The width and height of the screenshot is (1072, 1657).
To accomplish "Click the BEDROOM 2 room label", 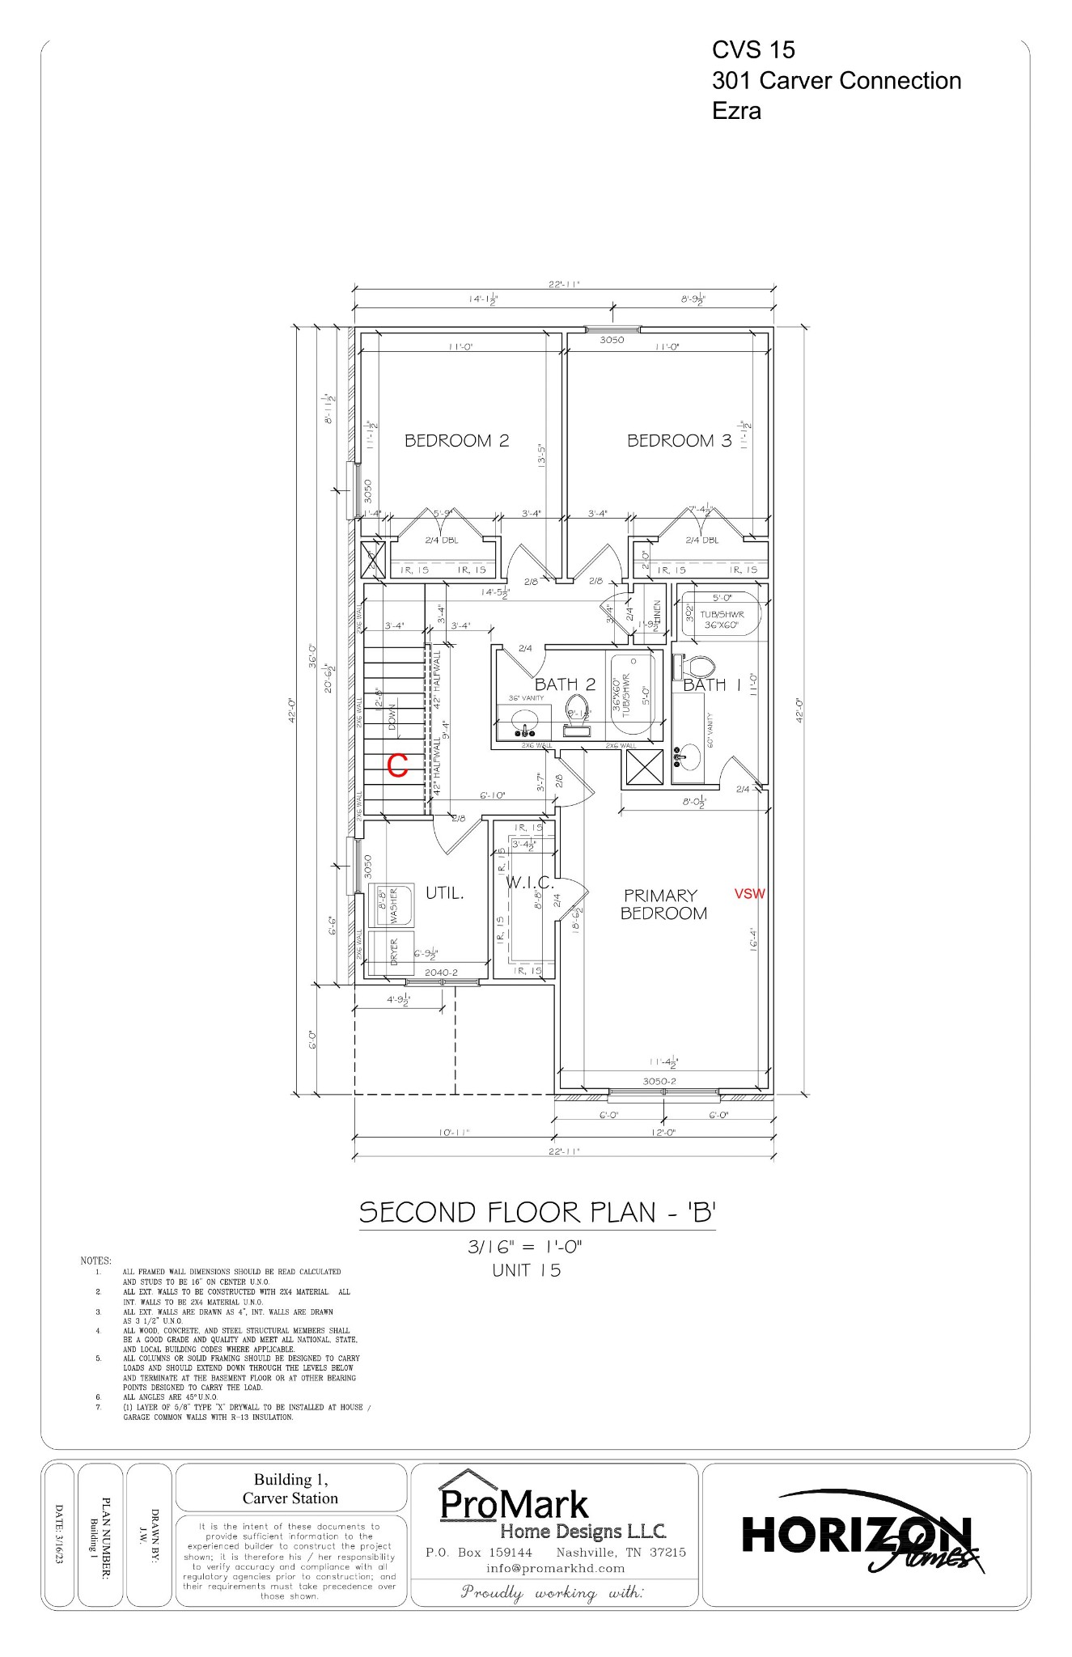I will pyautogui.click(x=456, y=441).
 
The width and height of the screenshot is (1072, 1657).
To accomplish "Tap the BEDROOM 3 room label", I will pyautogui.click(x=679, y=441).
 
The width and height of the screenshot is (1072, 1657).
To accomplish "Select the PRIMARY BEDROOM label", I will pyautogui.click(x=663, y=905).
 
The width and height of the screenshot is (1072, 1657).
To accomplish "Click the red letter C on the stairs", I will pyautogui.click(x=397, y=766).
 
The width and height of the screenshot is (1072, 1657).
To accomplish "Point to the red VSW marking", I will pyautogui.click(x=749, y=894).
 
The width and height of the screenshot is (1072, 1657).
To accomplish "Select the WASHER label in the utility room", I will pyautogui.click(x=394, y=907).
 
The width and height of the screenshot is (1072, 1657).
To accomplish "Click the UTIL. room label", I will pyautogui.click(x=445, y=893).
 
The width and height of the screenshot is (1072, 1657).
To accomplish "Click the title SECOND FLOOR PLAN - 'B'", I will pyautogui.click(x=538, y=1213).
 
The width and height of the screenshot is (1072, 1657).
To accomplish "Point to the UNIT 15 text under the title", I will pyautogui.click(x=526, y=1270).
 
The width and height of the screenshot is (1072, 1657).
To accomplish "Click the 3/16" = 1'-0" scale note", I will pyautogui.click(x=525, y=1248).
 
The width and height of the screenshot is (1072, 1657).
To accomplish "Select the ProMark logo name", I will pyautogui.click(x=515, y=1505).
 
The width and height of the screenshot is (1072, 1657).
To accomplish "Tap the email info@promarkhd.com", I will pyautogui.click(x=555, y=1568).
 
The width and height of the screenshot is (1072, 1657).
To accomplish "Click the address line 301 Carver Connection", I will pyautogui.click(x=836, y=81).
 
